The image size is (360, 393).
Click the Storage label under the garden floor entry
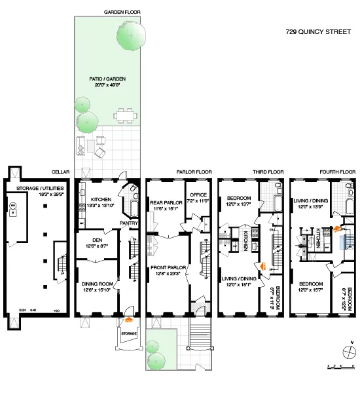click(x=128, y=333)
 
